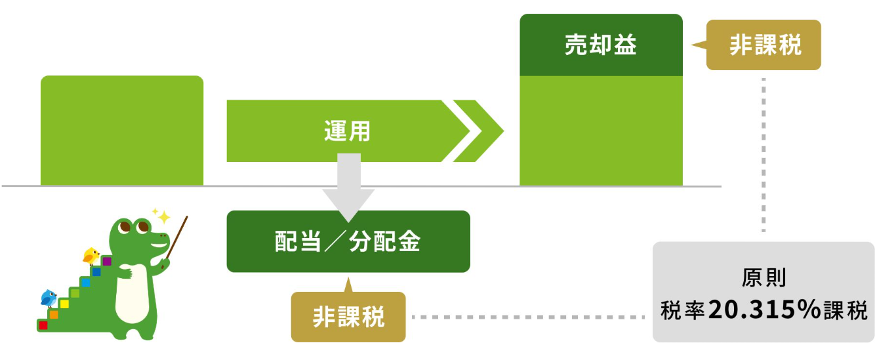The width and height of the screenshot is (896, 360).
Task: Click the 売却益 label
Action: [x=600, y=45]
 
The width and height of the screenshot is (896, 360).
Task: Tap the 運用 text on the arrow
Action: [x=347, y=131]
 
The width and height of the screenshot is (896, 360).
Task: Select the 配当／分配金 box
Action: [x=348, y=241]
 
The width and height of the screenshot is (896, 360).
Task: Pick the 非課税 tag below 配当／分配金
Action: [x=348, y=317]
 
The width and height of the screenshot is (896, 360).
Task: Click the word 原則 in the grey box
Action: [x=764, y=278]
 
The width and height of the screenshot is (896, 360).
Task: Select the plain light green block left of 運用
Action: [x=122, y=130]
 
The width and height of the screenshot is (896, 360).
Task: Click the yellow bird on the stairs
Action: [x=91, y=254]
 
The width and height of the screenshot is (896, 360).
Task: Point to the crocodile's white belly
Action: [x=131, y=295]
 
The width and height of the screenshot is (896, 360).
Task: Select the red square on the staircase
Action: [x=43, y=325]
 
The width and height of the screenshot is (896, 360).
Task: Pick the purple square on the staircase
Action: [x=107, y=261]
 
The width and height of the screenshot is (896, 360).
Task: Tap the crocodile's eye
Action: [x=142, y=228]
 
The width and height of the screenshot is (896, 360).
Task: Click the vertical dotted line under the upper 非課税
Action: [x=764, y=154]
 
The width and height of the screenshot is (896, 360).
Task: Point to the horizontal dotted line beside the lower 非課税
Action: [x=528, y=317]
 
